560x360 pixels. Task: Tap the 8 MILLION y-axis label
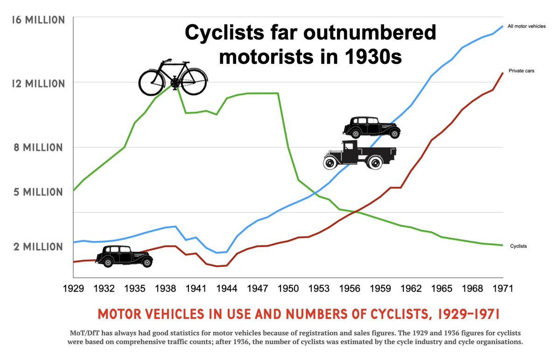tap(38, 148)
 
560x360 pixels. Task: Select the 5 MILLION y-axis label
tap(38, 192)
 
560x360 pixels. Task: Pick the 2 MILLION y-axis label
tap(38, 247)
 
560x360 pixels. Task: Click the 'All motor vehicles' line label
tap(526, 27)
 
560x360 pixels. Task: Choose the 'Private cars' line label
tap(521, 71)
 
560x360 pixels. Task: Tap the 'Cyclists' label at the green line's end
tap(518, 246)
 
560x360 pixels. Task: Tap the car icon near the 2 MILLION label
tap(124, 255)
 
